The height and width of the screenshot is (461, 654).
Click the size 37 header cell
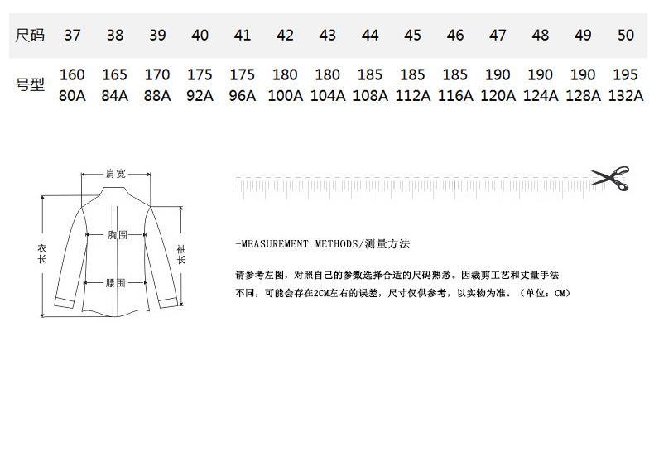pyautogui.click(x=72, y=36)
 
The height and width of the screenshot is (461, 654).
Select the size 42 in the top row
pyautogui.click(x=285, y=36)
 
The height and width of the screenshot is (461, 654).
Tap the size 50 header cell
pyautogui.click(x=626, y=36)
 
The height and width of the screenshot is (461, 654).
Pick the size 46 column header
pyautogui.click(x=455, y=36)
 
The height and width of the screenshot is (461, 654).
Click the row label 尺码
pyautogui.click(x=31, y=36)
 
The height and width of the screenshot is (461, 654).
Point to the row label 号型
pyautogui.click(x=31, y=84)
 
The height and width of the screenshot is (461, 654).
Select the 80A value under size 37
pyautogui.click(x=72, y=95)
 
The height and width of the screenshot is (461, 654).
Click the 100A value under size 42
pyautogui.click(x=285, y=95)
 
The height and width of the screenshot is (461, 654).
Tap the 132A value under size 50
pyautogui.click(x=626, y=95)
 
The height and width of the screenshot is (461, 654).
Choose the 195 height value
pyautogui.click(x=626, y=75)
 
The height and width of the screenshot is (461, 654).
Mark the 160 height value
pyautogui.click(x=72, y=75)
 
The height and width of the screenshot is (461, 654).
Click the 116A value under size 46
pyautogui.click(x=455, y=95)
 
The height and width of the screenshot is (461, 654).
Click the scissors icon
pyautogui.click(x=610, y=178)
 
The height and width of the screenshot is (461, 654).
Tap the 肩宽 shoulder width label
pyautogui.click(x=116, y=174)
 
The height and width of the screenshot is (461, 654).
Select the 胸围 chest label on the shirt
pyautogui.click(x=118, y=235)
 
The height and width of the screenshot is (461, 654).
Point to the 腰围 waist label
pyautogui.click(x=116, y=283)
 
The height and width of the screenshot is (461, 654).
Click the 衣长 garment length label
pyautogui.click(x=42, y=254)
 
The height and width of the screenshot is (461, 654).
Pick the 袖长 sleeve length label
pyautogui.click(x=181, y=254)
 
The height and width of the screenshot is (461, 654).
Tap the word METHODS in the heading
pyautogui.click(x=335, y=244)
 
